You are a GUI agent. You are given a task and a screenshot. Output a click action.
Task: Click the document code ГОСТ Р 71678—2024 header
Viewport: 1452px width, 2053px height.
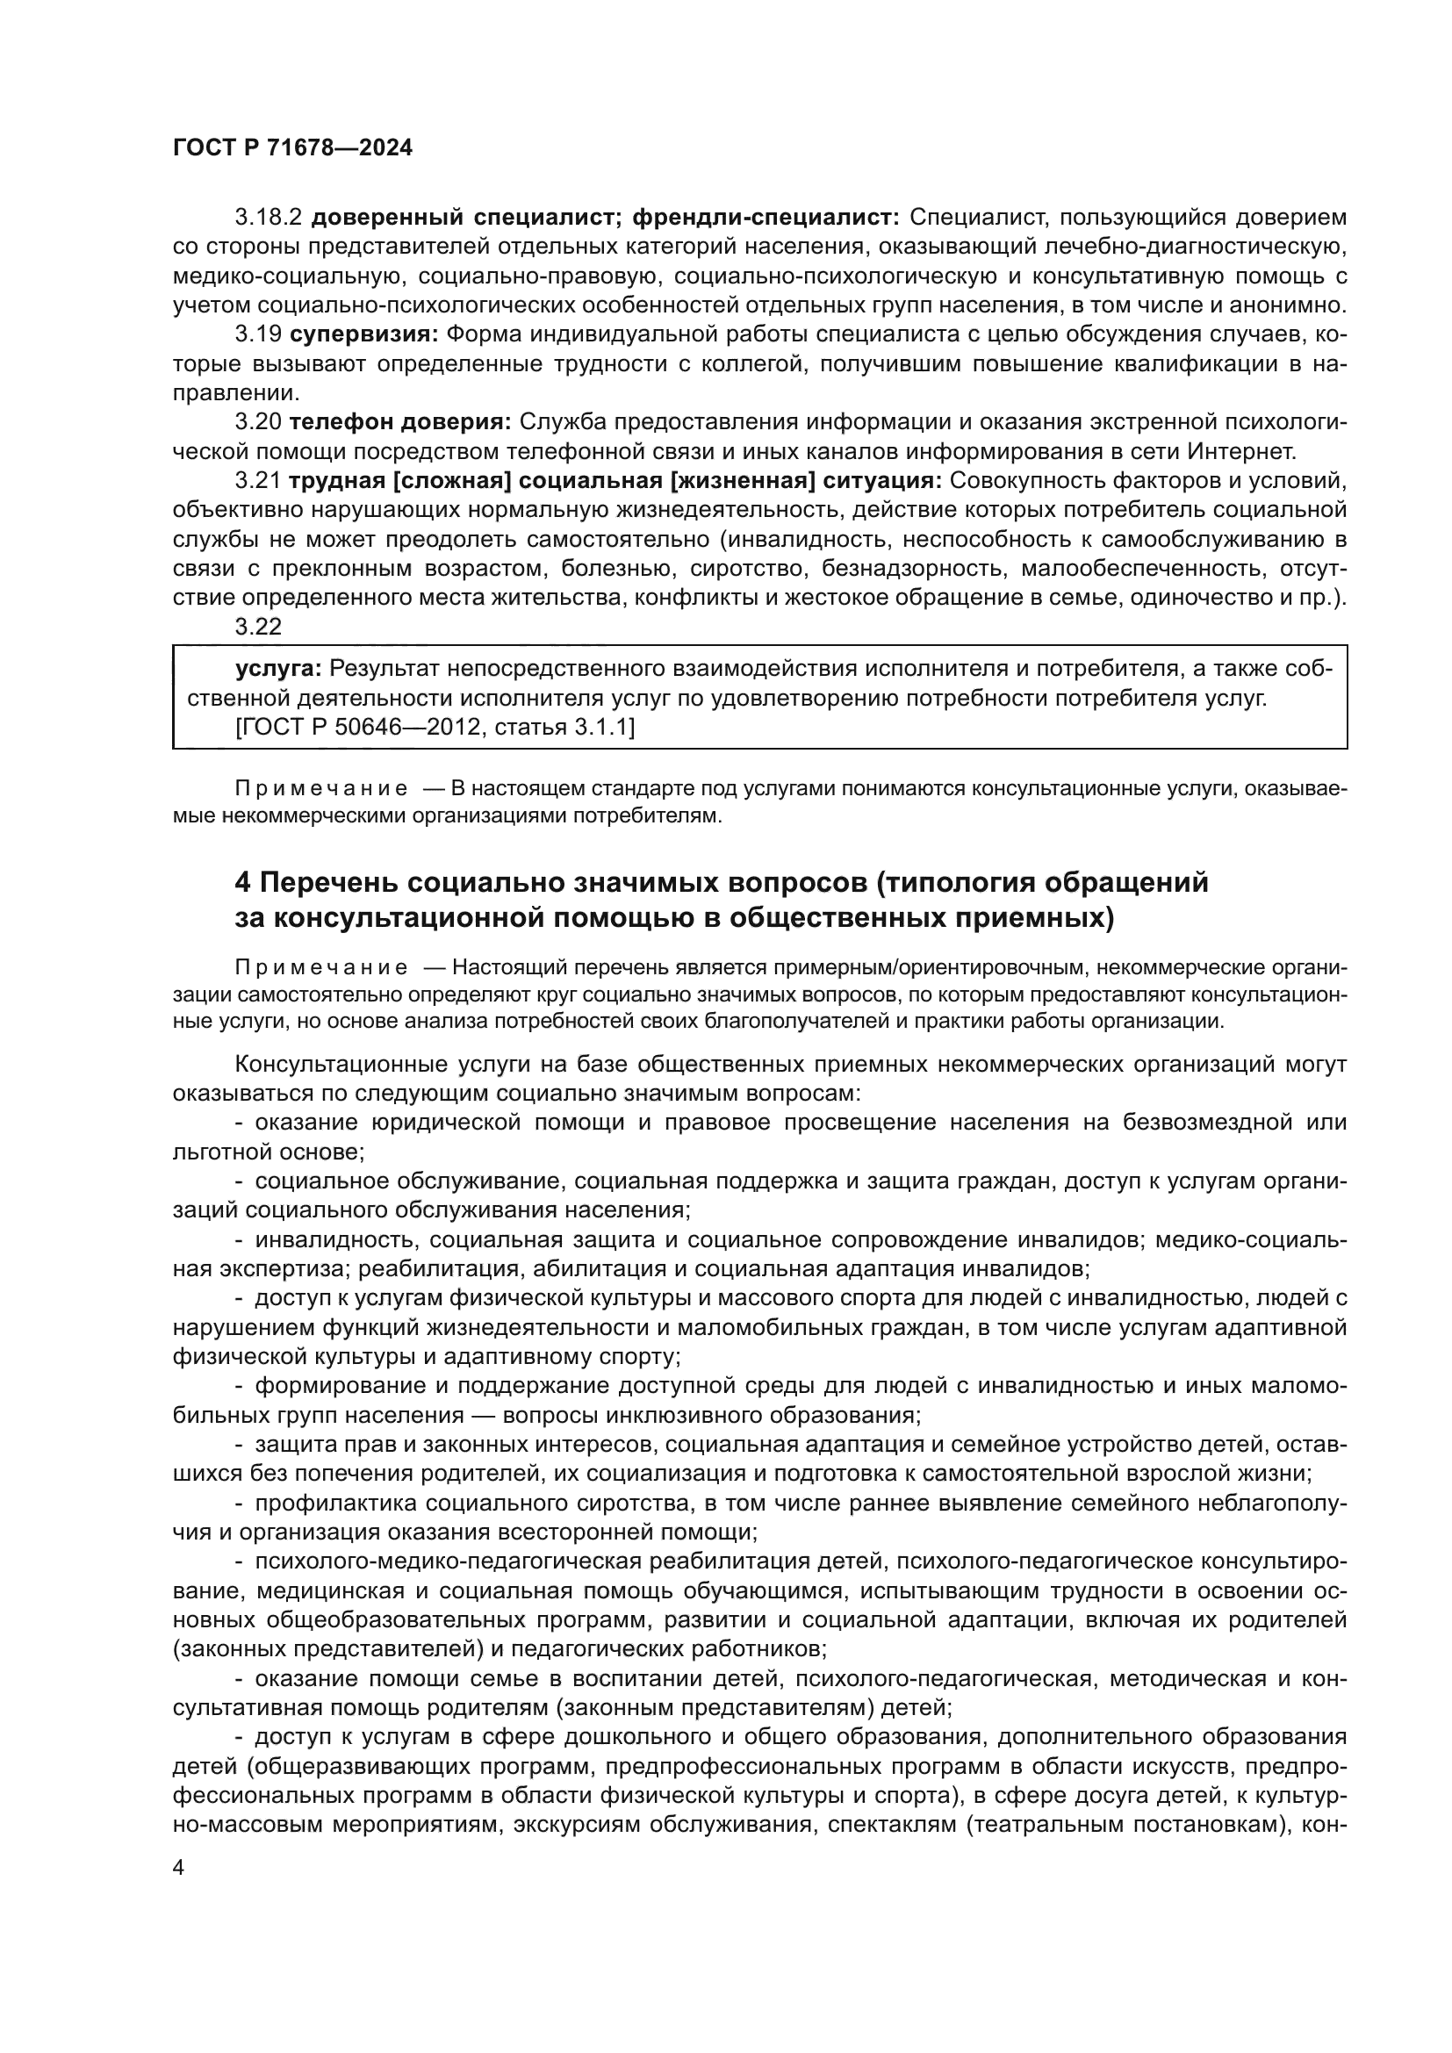[x=292, y=148]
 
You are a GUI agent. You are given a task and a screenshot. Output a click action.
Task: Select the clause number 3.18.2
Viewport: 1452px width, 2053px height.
[x=270, y=218]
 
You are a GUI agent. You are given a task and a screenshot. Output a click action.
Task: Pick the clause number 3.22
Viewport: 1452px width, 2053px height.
[x=258, y=627]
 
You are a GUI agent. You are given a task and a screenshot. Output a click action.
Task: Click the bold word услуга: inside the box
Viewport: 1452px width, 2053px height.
[x=278, y=669]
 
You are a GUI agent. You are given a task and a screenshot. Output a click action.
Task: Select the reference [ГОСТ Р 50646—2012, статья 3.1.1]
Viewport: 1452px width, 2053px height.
[x=435, y=728]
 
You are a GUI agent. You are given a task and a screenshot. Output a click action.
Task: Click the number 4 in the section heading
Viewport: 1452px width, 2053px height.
[x=243, y=882]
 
